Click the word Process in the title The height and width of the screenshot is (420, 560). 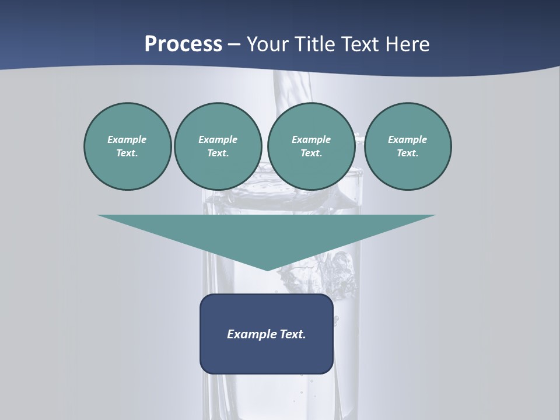click(x=183, y=44)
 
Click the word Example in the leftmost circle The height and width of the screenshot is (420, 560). click(x=127, y=139)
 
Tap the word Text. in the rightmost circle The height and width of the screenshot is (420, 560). click(x=408, y=153)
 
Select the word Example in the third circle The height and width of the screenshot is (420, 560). click(x=311, y=139)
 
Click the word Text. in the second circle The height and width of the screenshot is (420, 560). click(x=218, y=153)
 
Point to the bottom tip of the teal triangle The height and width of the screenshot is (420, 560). click(x=267, y=269)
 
